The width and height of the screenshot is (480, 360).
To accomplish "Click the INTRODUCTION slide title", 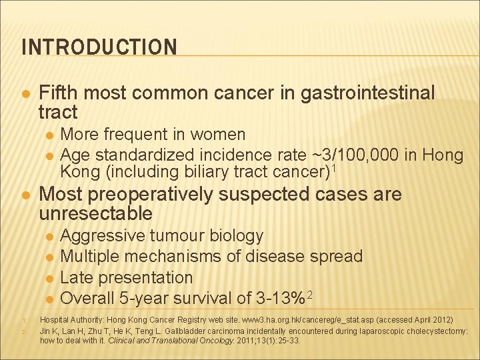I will pyautogui.click(x=99, y=47).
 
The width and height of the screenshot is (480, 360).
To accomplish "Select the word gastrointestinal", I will pyautogui.click(x=367, y=93).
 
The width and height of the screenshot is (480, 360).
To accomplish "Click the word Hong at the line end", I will pyautogui.click(x=440, y=155).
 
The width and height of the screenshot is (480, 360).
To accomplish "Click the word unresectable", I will pyautogui.click(x=96, y=214).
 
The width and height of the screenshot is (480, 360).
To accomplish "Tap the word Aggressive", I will pyautogui.click(x=103, y=236).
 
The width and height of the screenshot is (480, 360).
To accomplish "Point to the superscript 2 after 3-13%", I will pyautogui.click(x=310, y=294).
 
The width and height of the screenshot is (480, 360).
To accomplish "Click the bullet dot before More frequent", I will pyautogui.click(x=49, y=135).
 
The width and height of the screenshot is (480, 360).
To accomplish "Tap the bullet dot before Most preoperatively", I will pyautogui.click(x=25, y=195).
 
